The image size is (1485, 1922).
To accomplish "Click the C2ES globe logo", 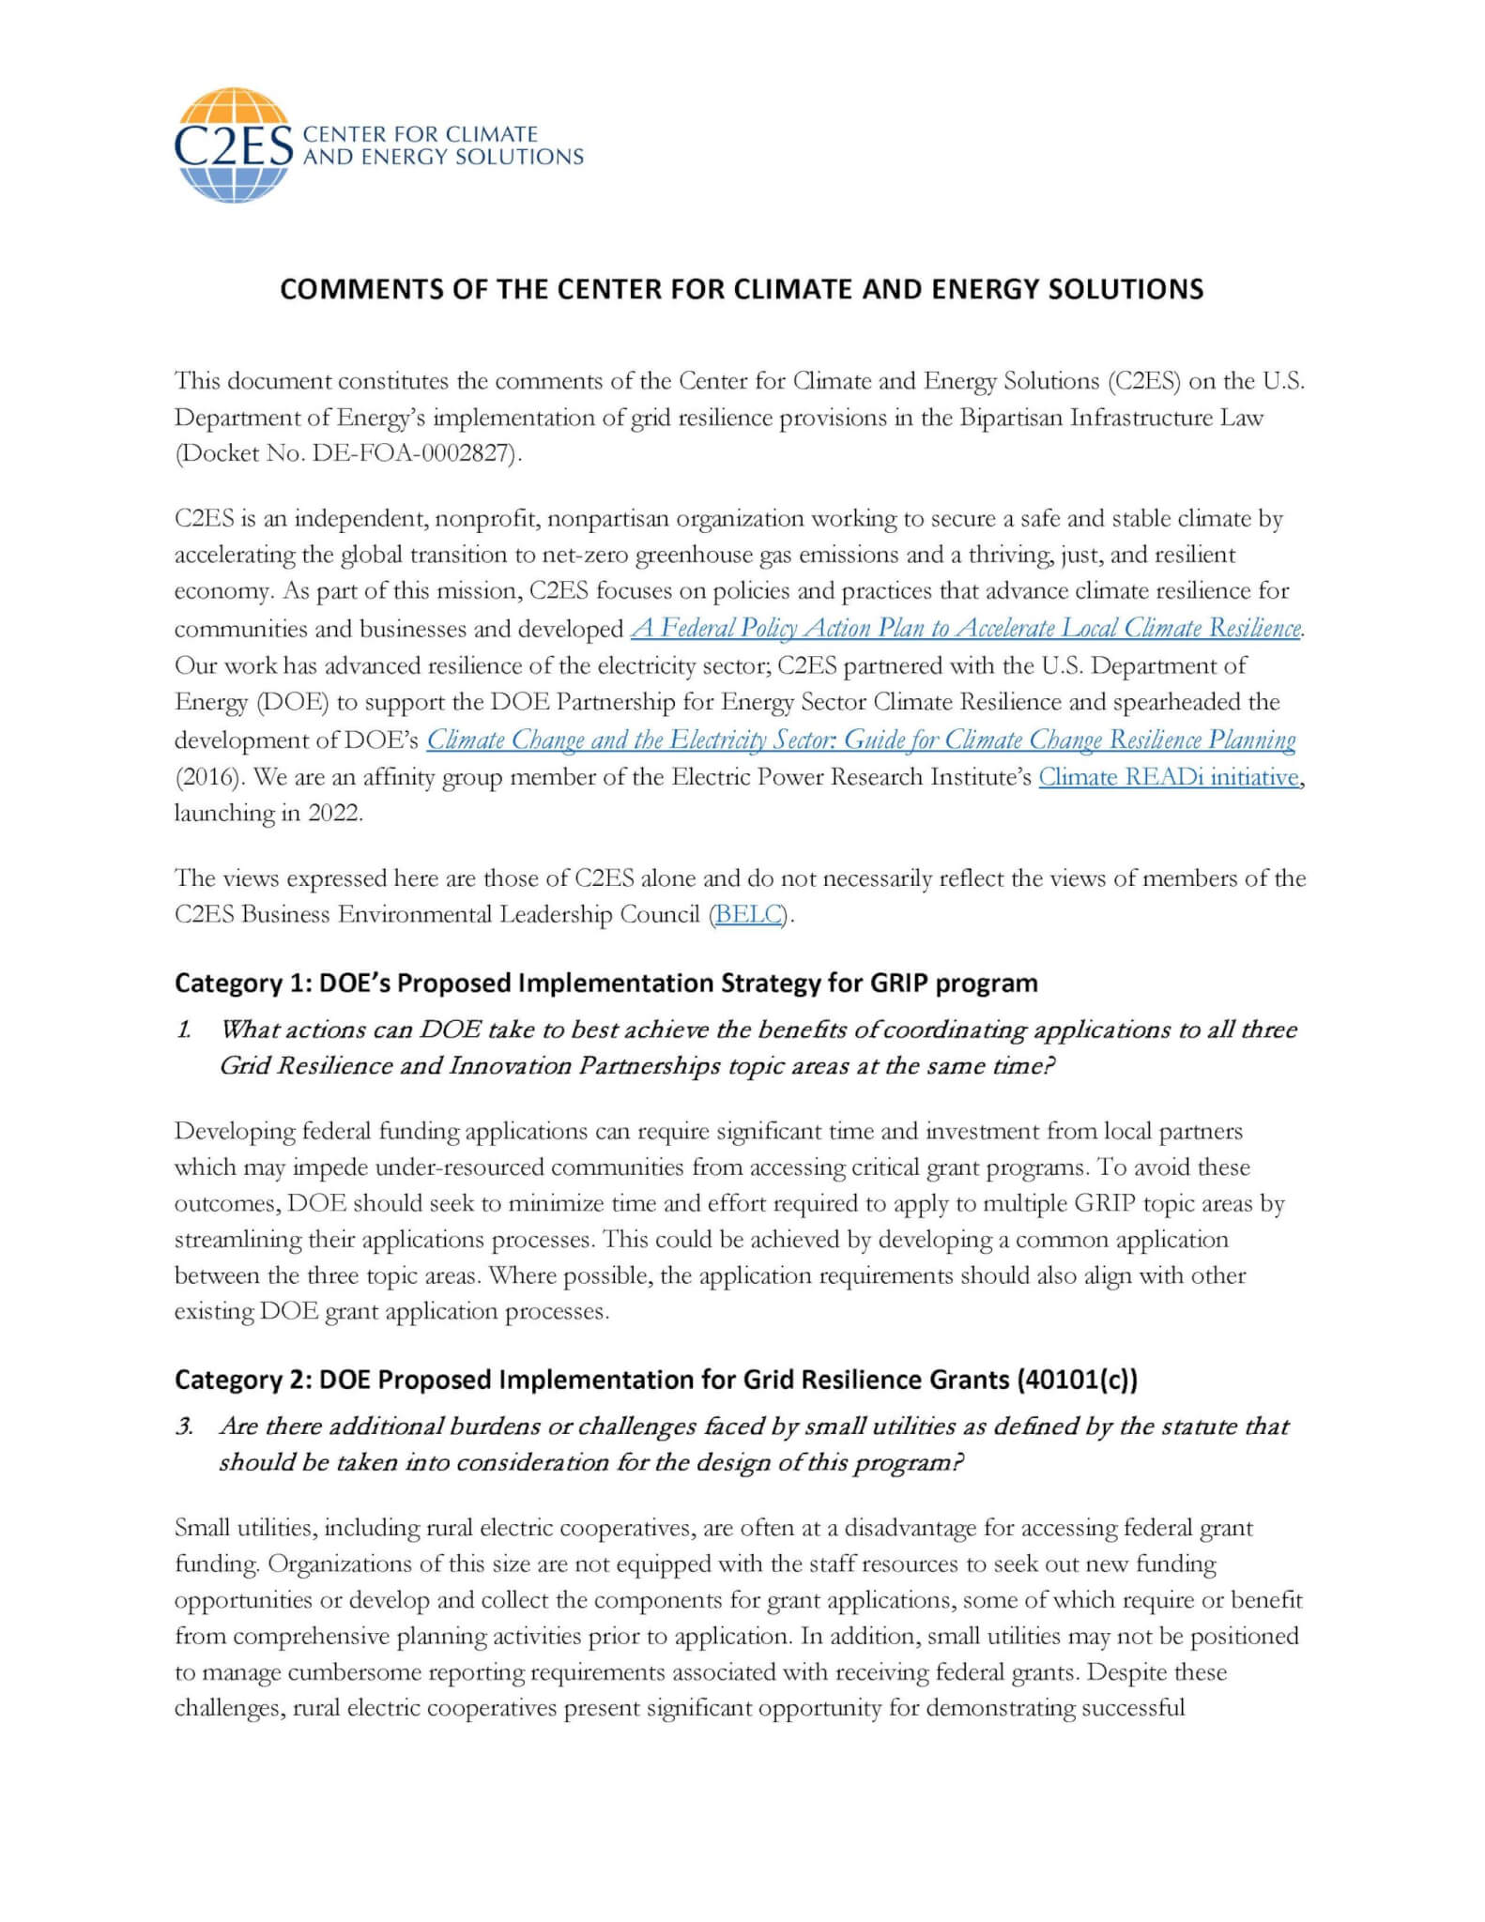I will [232, 145].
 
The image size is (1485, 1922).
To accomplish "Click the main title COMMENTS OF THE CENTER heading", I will [742, 289].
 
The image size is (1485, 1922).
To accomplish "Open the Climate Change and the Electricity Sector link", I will [861, 740].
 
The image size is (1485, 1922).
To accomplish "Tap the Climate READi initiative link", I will [1169, 777].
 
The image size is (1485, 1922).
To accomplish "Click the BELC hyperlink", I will [748, 914].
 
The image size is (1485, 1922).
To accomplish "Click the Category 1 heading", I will [605, 983].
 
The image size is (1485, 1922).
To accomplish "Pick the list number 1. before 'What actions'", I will [184, 1030].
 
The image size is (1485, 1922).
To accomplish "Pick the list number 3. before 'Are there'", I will [184, 1426].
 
